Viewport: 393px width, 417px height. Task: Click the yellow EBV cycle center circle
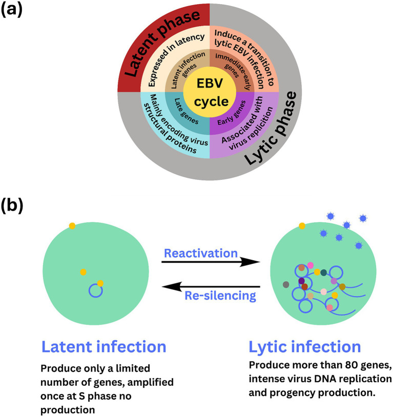210,92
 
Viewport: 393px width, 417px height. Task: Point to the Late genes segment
187,112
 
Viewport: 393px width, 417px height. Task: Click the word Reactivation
201,253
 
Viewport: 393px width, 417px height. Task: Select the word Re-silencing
220,296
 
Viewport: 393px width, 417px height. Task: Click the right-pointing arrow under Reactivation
211,262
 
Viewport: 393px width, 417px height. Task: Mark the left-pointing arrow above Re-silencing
211,287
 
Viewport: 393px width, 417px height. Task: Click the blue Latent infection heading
104,347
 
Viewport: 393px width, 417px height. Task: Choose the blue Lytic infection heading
305,347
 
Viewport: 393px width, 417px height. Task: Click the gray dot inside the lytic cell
286,284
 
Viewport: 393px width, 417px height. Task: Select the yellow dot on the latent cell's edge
72,226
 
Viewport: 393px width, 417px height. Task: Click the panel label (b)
12,206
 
